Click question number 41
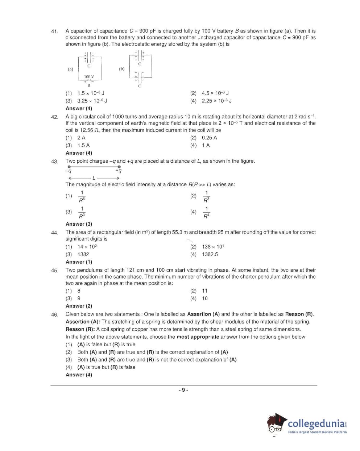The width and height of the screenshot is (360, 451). (54, 32)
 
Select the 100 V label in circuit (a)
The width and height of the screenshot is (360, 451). (89, 76)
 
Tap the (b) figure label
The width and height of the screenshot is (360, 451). (122, 69)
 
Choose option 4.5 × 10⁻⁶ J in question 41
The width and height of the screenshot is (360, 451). (215, 93)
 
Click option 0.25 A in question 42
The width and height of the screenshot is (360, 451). (209, 138)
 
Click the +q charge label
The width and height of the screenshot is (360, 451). (119, 171)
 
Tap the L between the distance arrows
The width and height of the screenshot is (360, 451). (94, 178)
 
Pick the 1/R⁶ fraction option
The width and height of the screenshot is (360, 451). (82, 196)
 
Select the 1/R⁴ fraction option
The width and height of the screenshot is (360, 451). (206, 212)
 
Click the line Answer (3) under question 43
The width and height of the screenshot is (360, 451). (79, 224)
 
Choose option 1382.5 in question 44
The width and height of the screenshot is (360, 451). (210, 254)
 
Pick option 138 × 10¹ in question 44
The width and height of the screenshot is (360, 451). (213, 247)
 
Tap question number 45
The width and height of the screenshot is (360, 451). (54, 271)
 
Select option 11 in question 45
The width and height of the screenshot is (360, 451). (204, 291)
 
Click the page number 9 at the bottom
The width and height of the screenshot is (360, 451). (183, 390)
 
